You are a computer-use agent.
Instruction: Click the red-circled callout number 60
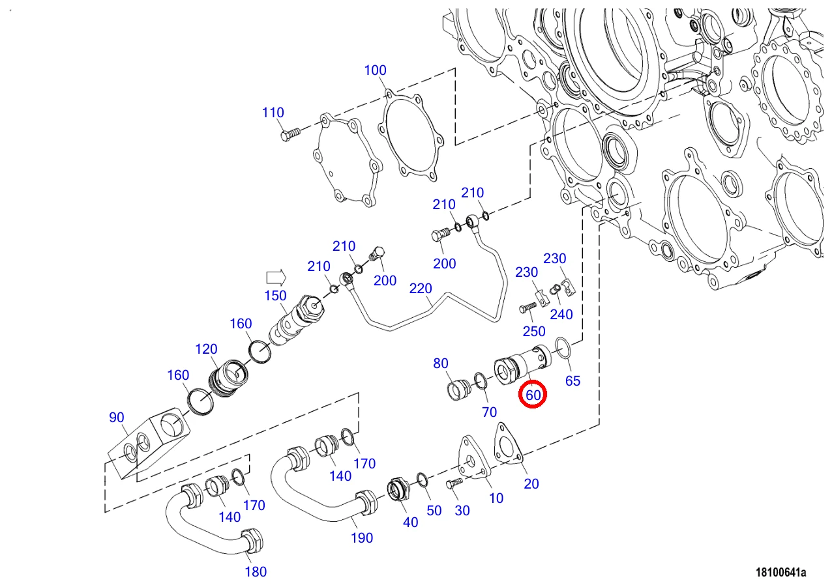click(x=533, y=395)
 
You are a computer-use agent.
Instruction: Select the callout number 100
click(x=375, y=70)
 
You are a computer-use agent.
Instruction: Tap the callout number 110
click(x=273, y=113)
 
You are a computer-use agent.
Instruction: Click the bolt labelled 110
click(x=290, y=134)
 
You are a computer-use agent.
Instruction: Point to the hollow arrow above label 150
click(x=276, y=277)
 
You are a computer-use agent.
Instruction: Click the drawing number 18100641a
click(x=780, y=572)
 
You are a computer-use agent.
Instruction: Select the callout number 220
click(x=421, y=289)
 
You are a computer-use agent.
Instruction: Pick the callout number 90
click(x=116, y=417)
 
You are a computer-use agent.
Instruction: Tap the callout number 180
click(x=256, y=571)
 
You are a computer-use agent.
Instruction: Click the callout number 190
click(x=362, y=538)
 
